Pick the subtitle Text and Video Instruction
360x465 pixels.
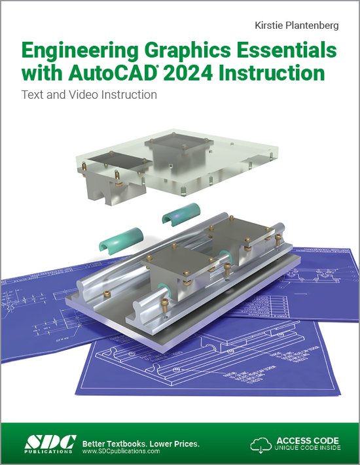pyautogui.click(x=90, y=94)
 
